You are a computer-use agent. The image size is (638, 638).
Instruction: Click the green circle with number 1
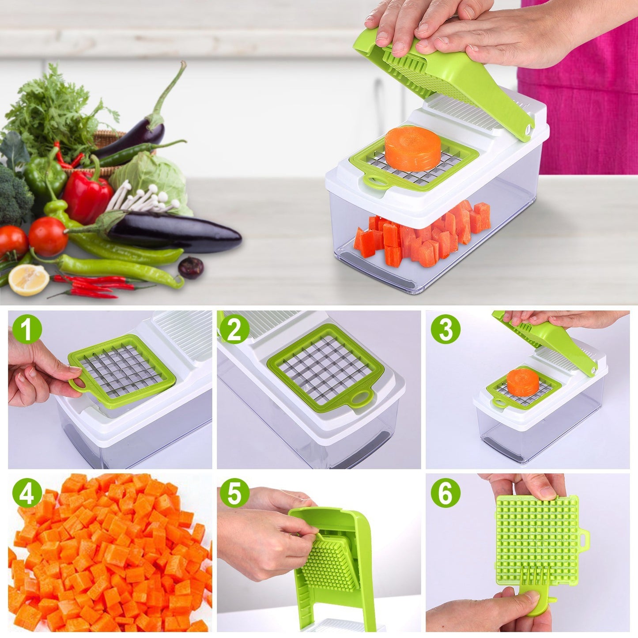coord(27,329)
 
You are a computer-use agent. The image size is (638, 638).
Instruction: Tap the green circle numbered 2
coord(234,329)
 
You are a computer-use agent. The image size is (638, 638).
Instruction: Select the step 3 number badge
coord(445,329)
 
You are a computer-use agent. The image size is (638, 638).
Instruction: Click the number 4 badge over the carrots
coord(27,493)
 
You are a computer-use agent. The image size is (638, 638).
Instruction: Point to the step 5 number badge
coord(234,493)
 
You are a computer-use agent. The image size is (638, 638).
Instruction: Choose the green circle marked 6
coord(445,493)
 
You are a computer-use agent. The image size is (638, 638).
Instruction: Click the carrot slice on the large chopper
coord(412,148)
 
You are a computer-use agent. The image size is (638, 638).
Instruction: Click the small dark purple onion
coord(191,268)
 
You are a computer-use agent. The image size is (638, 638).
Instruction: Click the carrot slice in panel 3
coord(523,382)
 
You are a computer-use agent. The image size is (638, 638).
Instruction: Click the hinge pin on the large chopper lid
coord(528,129)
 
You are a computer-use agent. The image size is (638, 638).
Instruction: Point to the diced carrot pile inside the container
coord(424,236)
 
